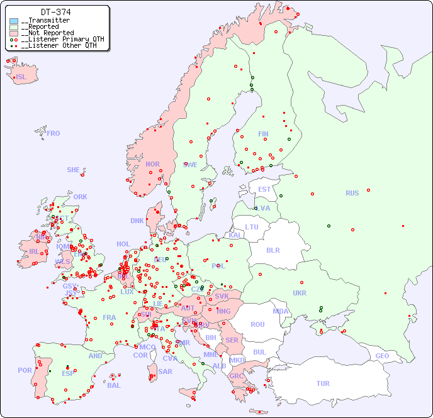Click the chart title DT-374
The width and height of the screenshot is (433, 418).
55,12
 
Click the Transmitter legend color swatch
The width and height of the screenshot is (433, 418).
14,21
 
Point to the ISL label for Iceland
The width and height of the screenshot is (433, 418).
21,77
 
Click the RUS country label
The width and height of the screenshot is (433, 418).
352,193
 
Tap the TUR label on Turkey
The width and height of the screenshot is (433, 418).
323,383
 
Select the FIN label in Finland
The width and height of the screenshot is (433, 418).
263,134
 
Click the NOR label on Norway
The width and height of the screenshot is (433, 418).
152,164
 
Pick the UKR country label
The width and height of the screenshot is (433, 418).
300,293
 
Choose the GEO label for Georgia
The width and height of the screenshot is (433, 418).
382,356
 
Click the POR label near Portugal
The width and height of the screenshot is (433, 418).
25,370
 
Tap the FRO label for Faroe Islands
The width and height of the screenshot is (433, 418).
53,133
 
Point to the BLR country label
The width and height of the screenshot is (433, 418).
273,250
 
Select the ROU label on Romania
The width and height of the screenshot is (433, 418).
257,324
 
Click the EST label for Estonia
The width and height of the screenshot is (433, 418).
264,189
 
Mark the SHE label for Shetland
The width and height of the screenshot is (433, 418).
74,170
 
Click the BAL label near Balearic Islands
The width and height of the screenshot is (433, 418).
114,385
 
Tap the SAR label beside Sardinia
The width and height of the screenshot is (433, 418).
165,371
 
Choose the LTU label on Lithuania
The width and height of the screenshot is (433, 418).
252,227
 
